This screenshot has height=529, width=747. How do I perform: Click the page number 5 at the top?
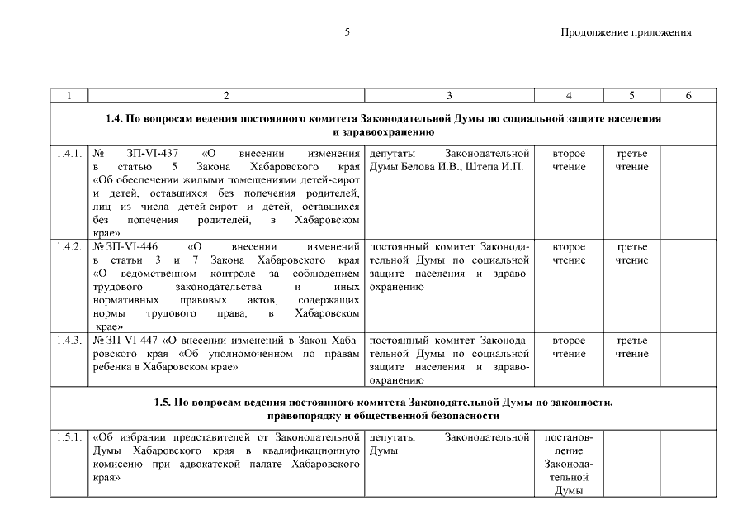pyautogui.click(x=347, y=33)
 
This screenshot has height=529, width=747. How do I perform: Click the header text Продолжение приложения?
pyautogui.click(x=625, y=33)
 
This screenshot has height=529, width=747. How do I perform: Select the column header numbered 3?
pyautogui.click(x=449, y=96)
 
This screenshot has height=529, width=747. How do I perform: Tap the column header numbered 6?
pyautogui.click(x=688, y=96)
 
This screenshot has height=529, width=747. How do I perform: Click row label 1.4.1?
pyautogui.click(x=69, y=155)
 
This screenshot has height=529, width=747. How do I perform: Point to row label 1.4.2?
pyautogui.click(x=69, y=247)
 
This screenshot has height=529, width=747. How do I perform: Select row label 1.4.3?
pyautogui.click(x=69, y=340)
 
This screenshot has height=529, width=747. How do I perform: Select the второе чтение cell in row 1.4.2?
pyautogui.click(x=569, y=254)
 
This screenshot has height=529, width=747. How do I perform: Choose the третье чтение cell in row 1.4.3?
pyautogui.click(x=631, y=346)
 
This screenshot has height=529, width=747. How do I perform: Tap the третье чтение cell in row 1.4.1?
pyautogui.click(x=631, y=161)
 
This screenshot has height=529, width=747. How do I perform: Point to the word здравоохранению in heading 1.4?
pyautogui.click(x=384, y=131)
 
